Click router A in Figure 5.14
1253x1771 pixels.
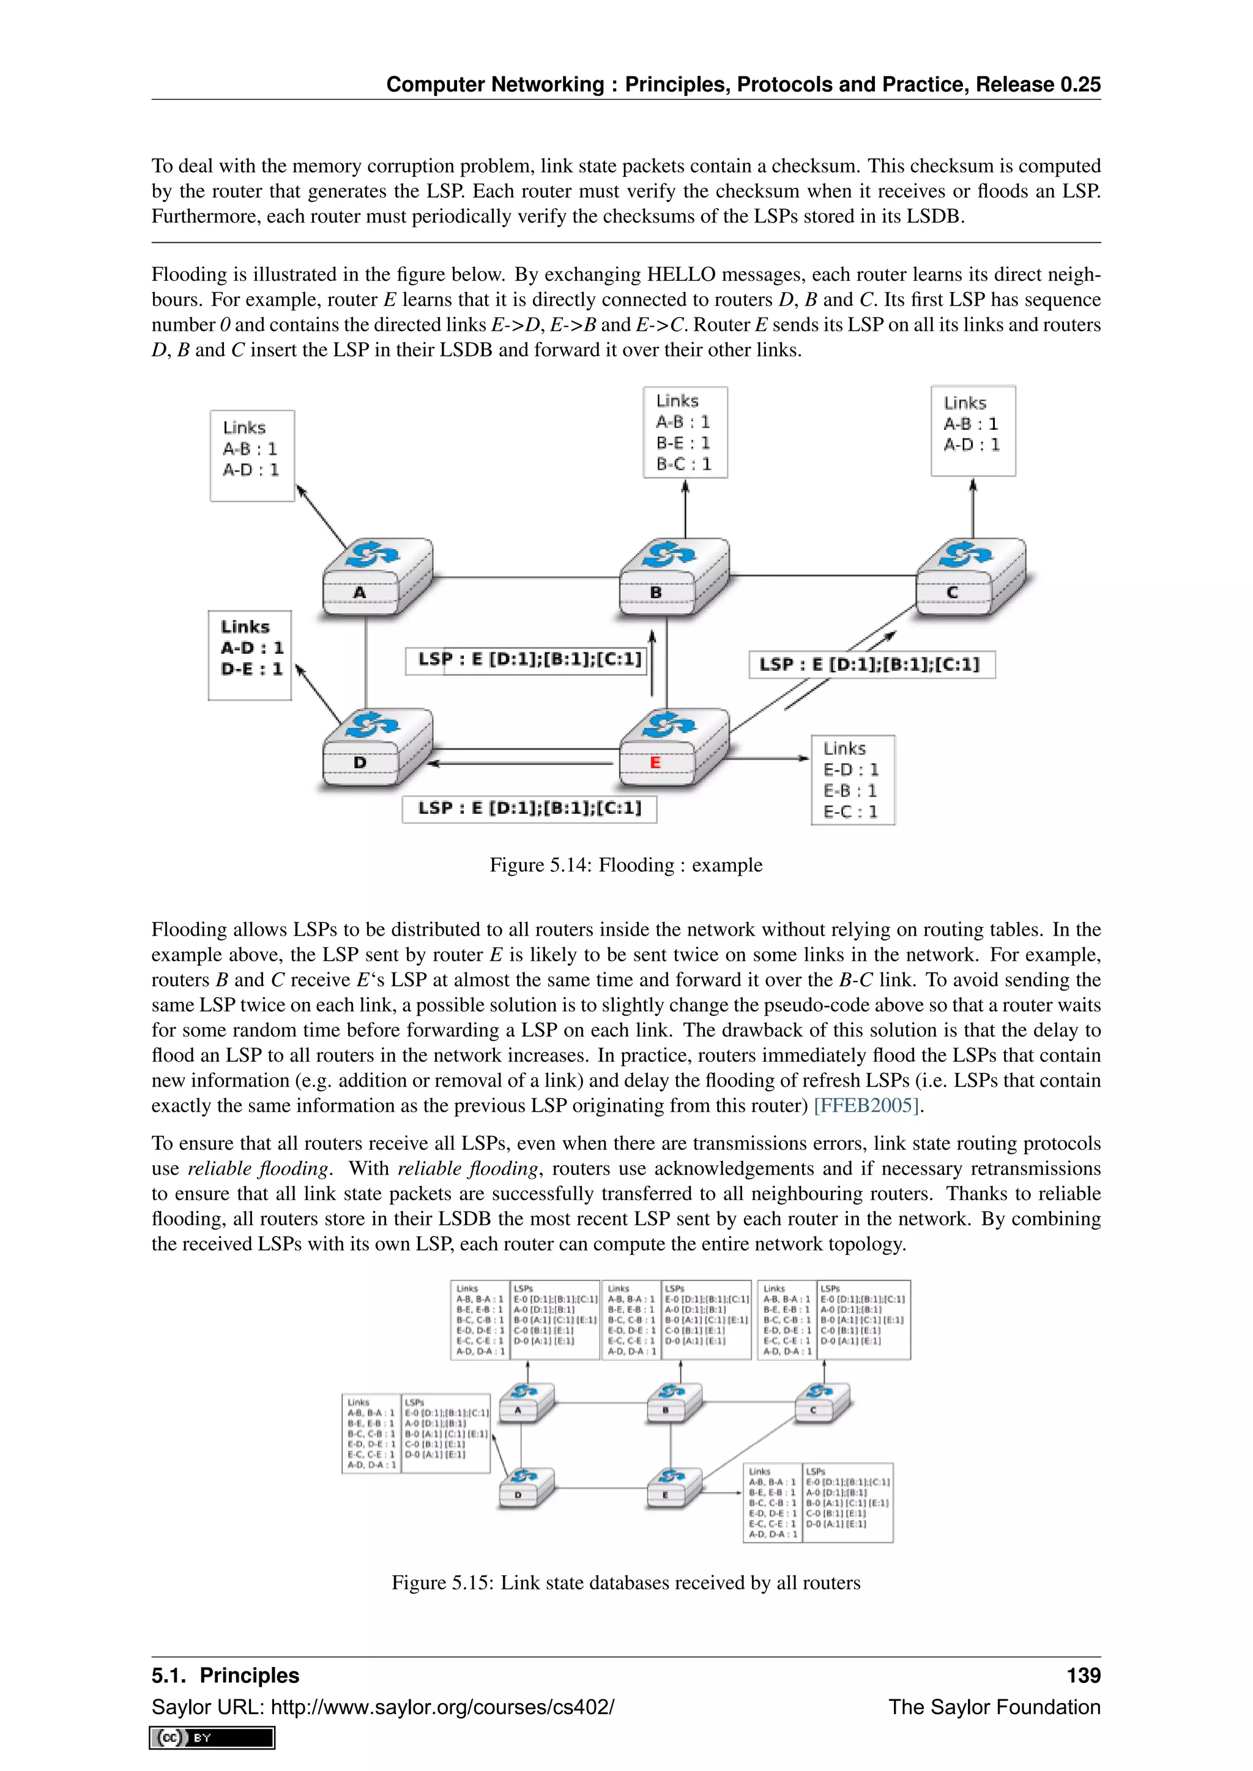(x=376, y=578)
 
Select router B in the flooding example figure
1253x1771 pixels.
(x=674, y=578)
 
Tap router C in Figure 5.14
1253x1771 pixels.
(x=970, y=578)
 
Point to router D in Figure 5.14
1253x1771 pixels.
(x=376, y=747)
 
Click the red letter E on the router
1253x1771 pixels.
(x=655, y=763)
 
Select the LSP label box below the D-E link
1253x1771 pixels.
(x=529, y=808)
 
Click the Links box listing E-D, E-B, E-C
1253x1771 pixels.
(x=852, y=780)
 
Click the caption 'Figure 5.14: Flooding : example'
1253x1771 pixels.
(x=626, y=865)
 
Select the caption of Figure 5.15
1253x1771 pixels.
(x=626, y=1583)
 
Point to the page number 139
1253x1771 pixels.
(x=1084, y=1676)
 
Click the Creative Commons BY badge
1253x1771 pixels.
(x=212, y=1738)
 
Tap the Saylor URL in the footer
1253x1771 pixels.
(x=382, y=1707)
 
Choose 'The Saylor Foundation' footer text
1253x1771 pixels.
(x=994, y=1707)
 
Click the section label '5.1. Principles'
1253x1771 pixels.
(x=225, y=1676)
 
